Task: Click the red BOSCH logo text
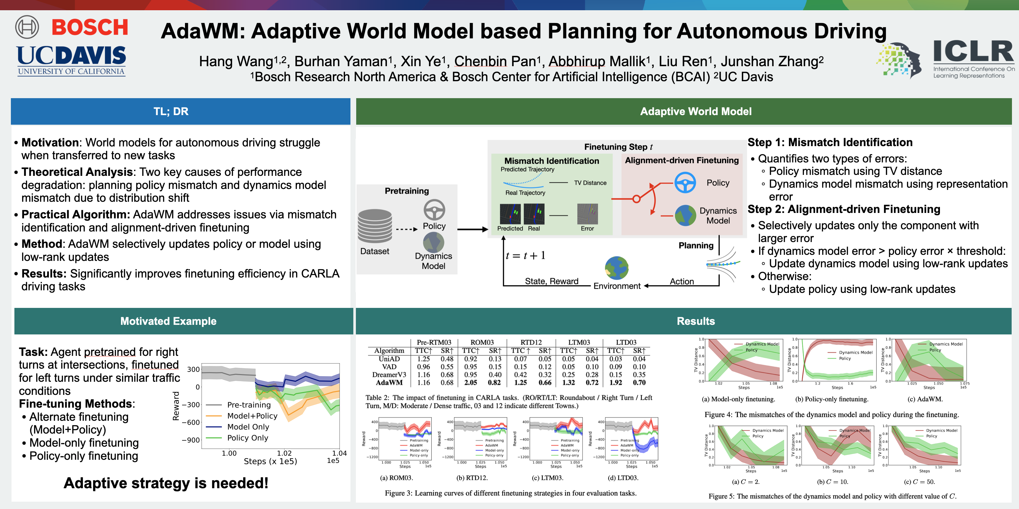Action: (90, 27)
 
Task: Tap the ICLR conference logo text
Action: (973, 52)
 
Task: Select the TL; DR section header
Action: (171, 112)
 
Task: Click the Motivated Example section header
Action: (169, 321)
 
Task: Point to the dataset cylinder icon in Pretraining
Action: (375, 226)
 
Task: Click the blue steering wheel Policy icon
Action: (685, 183)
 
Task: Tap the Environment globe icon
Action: (616, 268)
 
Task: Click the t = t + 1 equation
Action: (525, 256)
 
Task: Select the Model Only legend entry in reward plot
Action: (248, 427)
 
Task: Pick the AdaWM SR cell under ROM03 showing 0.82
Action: (494, 382)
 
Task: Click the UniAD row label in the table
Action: (389, 359)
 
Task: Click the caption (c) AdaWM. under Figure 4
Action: (925, 399)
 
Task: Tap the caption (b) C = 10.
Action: (832, 482)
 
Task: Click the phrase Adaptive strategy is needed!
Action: (166, 483)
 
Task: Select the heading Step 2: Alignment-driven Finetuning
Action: (843, 209)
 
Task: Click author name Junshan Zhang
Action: (771, 61)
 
